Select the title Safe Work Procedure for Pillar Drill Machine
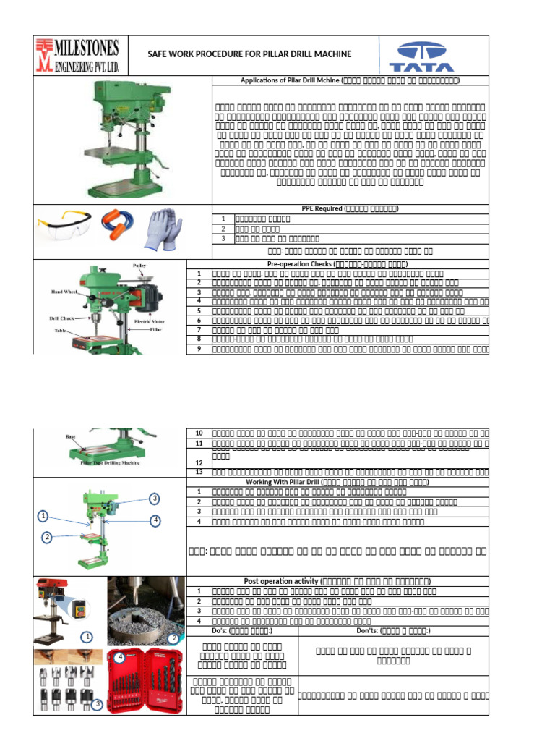[x=249, y=54]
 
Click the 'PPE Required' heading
[x=350, y=208]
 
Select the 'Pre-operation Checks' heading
[x=350, y=264]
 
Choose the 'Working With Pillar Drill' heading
[x=350, y=482]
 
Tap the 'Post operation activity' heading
[x=337, y=581]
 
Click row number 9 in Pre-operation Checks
[x=199, y=349]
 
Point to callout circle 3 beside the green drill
[x=154, y=498]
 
